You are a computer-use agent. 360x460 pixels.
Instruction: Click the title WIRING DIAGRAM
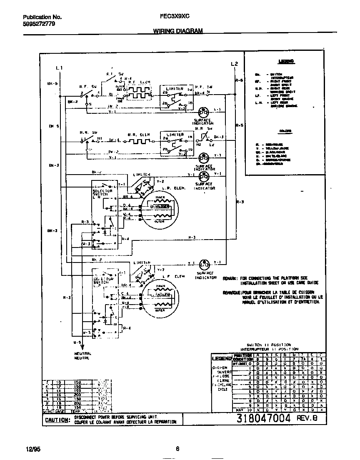click(178, 31)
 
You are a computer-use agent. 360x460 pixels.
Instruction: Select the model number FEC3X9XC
click(175, 17)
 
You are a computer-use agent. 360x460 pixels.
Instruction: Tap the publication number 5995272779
click(38, 24)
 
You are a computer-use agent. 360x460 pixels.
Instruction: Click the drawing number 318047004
click(263, 419)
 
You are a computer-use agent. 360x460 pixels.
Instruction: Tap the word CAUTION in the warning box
click(57, 420)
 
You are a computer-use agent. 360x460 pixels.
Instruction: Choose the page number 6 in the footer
click(177, 449)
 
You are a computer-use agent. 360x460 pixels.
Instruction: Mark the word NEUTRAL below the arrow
click(82, 353)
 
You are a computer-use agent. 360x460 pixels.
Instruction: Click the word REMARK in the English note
click(230, 278)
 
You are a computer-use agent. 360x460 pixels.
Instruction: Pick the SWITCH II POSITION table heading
click(269, 345)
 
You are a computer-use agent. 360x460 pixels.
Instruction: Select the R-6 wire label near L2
click(239, 80)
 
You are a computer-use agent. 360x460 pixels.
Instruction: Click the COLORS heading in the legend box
click(285, 131)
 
